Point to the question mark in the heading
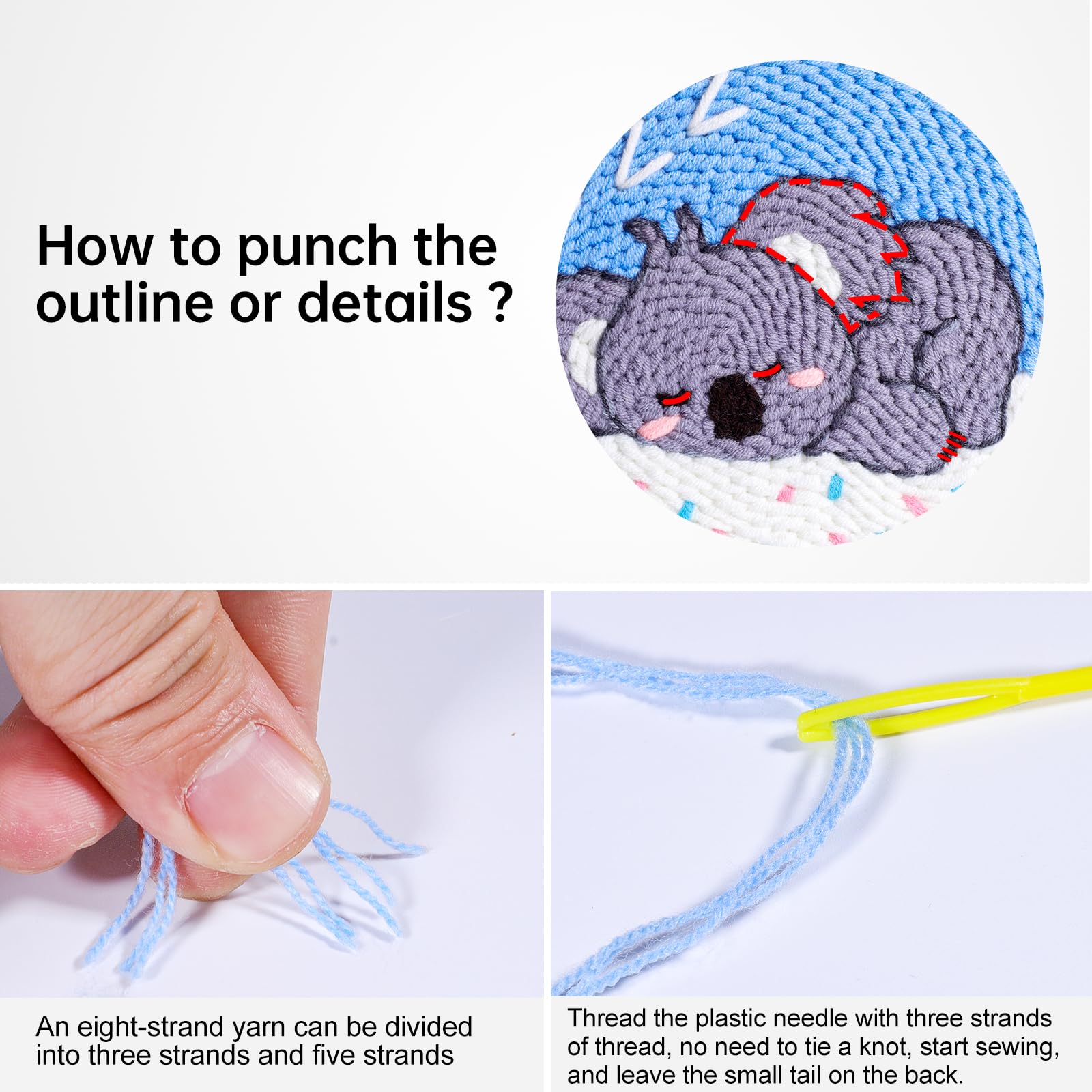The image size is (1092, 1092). click(501, 302)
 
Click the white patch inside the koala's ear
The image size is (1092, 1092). click(801, 262)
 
